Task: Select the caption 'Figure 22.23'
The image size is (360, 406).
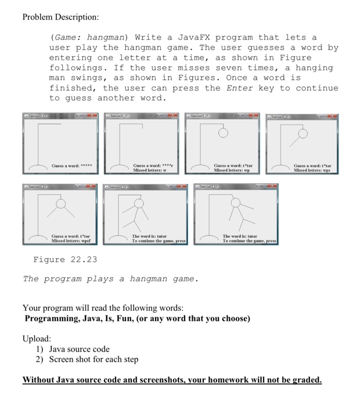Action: tap(65, 259)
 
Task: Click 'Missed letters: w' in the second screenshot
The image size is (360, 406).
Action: tap(150, 171)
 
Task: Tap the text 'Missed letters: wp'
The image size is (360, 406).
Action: tap(232, 171)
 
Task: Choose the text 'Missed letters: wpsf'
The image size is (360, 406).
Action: tap(71, 240)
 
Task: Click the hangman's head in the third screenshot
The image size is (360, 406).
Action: tap(222, 133)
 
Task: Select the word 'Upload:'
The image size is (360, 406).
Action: tap(37, 338)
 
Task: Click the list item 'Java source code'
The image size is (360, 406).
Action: tap(79, 349)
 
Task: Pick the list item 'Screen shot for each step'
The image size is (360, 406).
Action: tap(93, 360)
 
